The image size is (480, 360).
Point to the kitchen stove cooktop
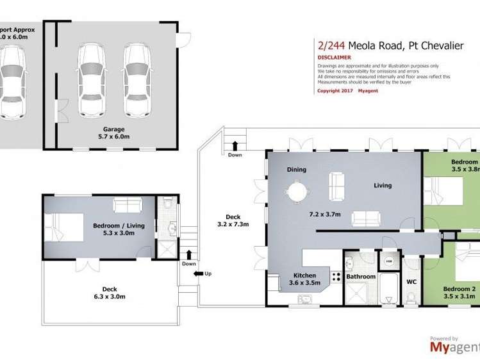tap(335, 277)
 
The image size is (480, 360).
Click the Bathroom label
tap(361, 277)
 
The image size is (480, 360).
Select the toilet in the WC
tap(411, 297)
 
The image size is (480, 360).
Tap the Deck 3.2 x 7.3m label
tap(233, 220)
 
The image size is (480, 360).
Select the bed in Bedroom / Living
tap(64, 227)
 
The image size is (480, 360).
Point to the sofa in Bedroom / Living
tap(128, 205)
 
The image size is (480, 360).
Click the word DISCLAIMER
tap(333, 57)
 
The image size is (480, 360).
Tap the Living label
tap(383, 186)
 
